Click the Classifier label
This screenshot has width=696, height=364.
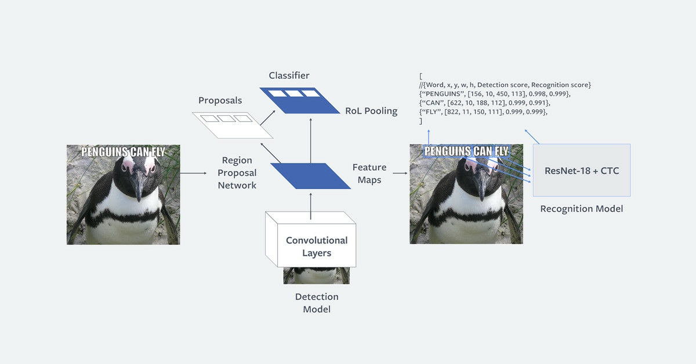pyautogui.click(x=289, y=75)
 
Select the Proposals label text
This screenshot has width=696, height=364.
pyautogui.click(x=220, y=100)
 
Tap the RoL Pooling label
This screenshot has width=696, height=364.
pyautogui.click(x=371, y=111)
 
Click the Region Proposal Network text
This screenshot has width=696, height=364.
pyautogui.click(x=237, y=173)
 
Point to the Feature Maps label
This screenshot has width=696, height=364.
pyautogui.click(x=369, y=174)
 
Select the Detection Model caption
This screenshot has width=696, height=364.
pyautogui.click(x=317, y=303)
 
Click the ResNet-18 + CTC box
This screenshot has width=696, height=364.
pyautogui.click(x=582, y=170)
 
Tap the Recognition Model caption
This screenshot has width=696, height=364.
pyautogui.click(x=582, y=209)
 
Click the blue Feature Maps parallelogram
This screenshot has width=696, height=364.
pyautogui.click(x=310, y=176)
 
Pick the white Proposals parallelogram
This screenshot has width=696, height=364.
pyautogui.click(x=233, y=125)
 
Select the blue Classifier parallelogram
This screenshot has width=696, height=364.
pyautogui.click(x=299, y=100)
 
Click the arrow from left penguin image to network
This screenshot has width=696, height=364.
pyautogui.click(x=193, y=173)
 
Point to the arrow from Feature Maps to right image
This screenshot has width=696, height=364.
pyautogui.click(x=400, y=173)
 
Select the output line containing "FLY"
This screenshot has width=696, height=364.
pyautogui.click(x=483, y=112)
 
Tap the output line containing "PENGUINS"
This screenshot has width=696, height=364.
pyautogui.click(x=495, y=94)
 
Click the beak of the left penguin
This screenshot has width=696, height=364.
pyautogui.click(x=138, y=185)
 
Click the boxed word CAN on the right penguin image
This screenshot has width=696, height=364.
pyautogui.click(x=483, y=151)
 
